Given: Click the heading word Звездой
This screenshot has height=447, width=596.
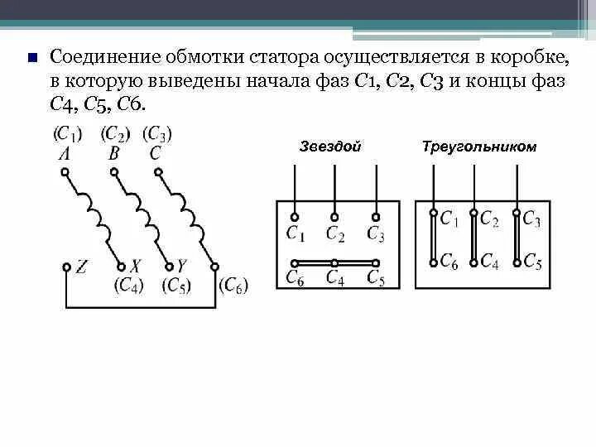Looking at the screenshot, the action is [x=329, y=147].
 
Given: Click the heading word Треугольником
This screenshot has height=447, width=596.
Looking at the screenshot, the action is [x=478, y=147].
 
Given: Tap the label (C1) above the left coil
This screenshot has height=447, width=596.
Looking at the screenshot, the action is [x=68, y=133].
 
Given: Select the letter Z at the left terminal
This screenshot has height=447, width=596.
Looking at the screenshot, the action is [x=82, y=267].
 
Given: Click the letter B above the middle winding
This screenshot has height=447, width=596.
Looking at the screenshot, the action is [x=114, y=153].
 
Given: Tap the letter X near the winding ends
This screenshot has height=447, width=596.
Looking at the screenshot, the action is [x=135, y=267].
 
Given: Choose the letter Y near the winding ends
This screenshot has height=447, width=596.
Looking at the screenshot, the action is [x=181, y=267].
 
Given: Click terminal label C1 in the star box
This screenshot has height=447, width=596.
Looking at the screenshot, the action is [x=295, y=234].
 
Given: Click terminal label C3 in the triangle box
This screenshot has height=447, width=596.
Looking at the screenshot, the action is [x=531, y=219].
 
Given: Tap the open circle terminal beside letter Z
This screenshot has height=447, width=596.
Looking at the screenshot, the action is [x=66, y=267].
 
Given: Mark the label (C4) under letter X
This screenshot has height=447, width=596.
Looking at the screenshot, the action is [x=130, y=286].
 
